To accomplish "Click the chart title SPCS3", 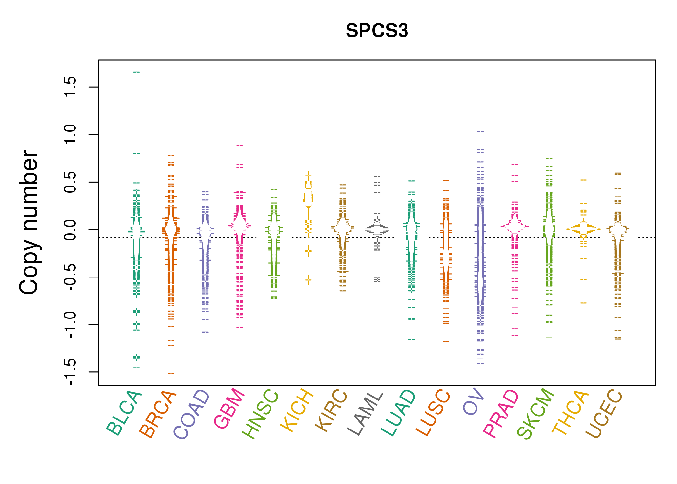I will tap(377, 31).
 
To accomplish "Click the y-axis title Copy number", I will tap(29, 222).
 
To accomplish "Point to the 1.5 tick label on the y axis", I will tap(70, 87).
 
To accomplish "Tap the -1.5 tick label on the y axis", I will tap(70, 372).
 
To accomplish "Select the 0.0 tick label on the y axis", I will tap(70, 229).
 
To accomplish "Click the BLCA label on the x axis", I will tap(124, 413).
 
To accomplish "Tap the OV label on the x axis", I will tap(474, 402).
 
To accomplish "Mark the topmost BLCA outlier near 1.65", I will tap(136, 72).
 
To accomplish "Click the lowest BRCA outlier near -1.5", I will tap(171, 373).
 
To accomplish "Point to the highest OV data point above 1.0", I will tap(480, 132).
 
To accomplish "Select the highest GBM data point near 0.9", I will tap(240, 146).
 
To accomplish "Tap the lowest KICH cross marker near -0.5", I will tap(309, 279).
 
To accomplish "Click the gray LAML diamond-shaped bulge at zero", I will tap(377, 229).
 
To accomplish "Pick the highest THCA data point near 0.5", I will tap(584, 180).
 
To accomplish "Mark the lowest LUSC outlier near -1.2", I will tap(446, 342).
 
